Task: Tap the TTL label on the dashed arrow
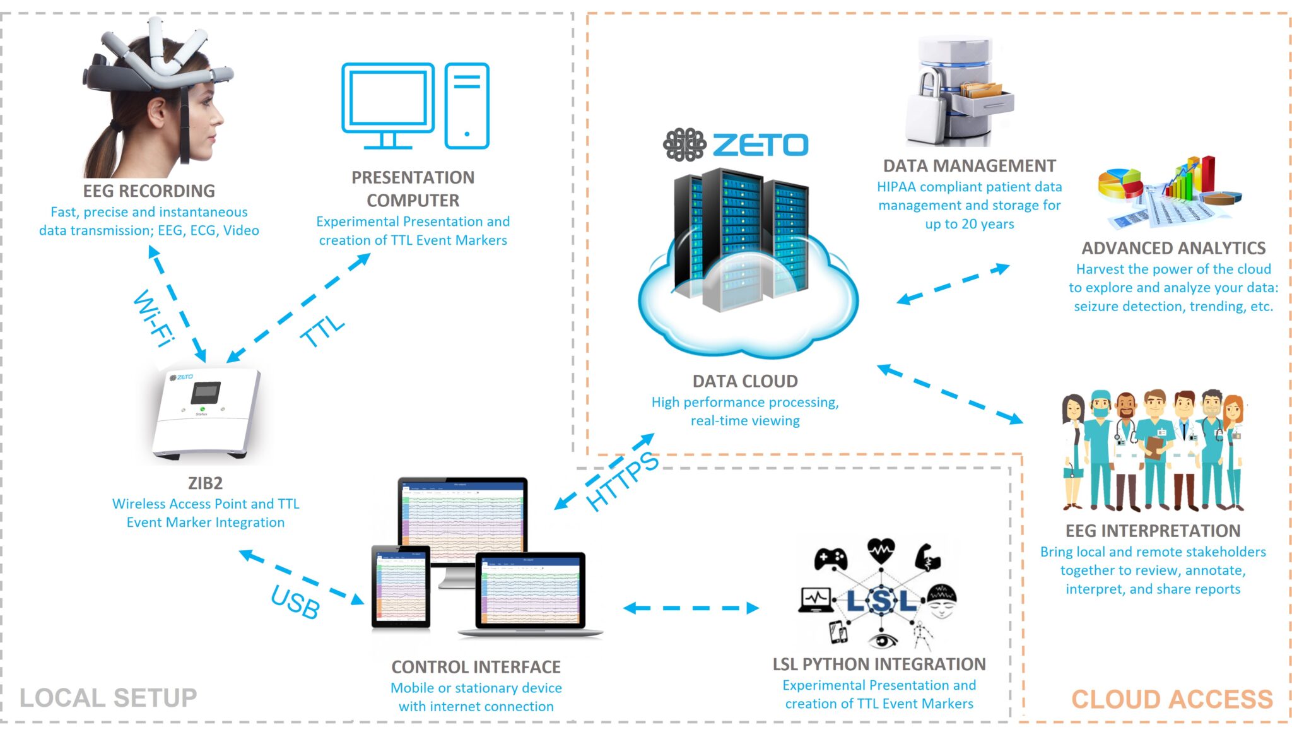pos(322,331)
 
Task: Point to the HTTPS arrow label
pos(622,481)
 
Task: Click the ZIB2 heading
pos(205,483)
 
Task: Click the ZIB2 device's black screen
pos(206,393)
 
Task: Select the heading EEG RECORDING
pos(149,191)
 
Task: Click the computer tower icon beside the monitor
pos(467,105)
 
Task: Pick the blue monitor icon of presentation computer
pos(388,104)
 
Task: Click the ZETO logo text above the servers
pos(760,145)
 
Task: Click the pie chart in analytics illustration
pos(1120,183)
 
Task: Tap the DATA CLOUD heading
pos(745,381)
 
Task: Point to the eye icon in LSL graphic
pos(883,640)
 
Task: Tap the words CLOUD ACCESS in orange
pos(1172,699)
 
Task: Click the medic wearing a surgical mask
pos(1100,448)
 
